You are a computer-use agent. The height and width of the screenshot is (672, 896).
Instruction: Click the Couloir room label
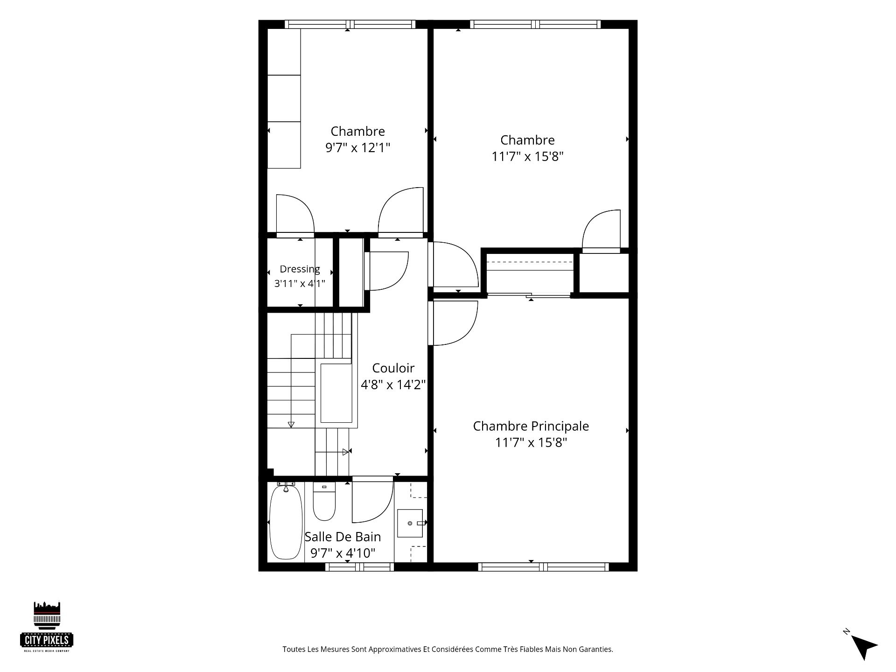[393, 368]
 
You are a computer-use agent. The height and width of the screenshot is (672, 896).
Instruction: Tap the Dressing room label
[300, 269]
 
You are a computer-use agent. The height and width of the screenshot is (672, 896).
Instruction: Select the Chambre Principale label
[531, 426]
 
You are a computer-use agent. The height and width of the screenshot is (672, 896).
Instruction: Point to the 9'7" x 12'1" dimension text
[357, 148]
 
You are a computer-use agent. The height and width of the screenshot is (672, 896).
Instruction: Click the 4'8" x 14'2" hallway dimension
[393, 385]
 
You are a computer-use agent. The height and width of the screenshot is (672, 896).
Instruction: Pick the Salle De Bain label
[343, 537]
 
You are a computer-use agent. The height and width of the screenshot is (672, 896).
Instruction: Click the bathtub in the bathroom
[286, 521]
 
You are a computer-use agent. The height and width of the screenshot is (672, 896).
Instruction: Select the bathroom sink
[411, 523]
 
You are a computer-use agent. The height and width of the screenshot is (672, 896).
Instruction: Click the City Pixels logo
[47, 626]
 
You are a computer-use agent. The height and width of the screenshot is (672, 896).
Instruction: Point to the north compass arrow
[864, 647]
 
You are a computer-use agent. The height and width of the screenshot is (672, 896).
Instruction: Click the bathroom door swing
[383, 511]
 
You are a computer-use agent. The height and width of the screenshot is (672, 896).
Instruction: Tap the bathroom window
[359, 567]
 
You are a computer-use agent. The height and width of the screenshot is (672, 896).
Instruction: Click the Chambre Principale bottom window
[544, 567]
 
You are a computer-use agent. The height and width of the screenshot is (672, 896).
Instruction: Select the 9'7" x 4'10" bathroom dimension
[343, 553]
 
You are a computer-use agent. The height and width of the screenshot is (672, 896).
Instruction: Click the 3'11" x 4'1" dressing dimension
[300, 283]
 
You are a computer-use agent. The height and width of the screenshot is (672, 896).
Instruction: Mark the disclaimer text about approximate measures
[448, 649]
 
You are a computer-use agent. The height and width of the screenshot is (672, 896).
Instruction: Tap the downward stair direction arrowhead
[291, 425]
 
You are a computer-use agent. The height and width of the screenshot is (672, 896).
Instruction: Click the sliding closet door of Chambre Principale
[529, 295]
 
